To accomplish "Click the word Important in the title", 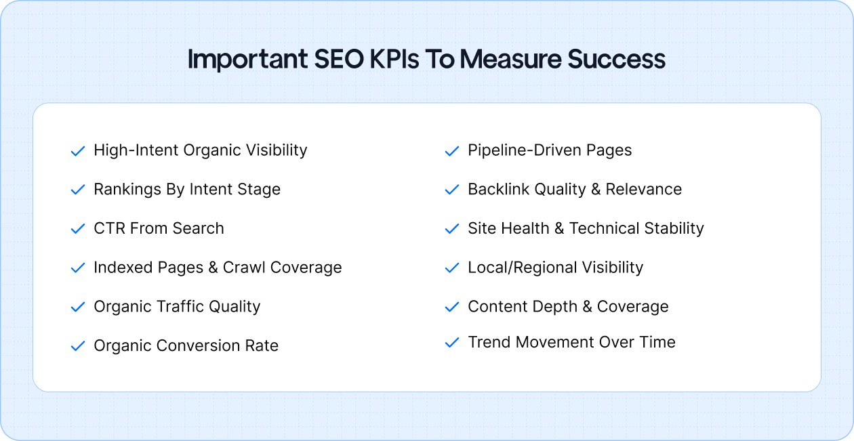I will pyautogui.click(x=248, y=60).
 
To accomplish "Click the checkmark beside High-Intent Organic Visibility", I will pyautogui.click(x=78, y=150).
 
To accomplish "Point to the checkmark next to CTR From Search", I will pyautogui.click(x=78, y=229).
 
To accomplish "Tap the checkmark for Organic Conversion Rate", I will pyautogui.click(x=78, y=346).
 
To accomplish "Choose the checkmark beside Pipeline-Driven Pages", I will pyautogui.click(x=452, y=150).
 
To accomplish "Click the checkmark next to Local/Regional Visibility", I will pyautogui.click(x=452, y=268).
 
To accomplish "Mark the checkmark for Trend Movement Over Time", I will pyautogui.click(x=452, y=343).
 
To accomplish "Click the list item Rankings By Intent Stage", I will pyautogui.click(x=187, y=190).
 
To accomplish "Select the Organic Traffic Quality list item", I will pyautogui.click(x=177, y=307).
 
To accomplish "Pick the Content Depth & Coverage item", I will pyautogui.click(x=568, y=307).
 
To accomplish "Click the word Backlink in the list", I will pyautogui.click(x=494, y=190).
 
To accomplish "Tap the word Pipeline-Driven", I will pyautogui.click(x=519, y=150).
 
